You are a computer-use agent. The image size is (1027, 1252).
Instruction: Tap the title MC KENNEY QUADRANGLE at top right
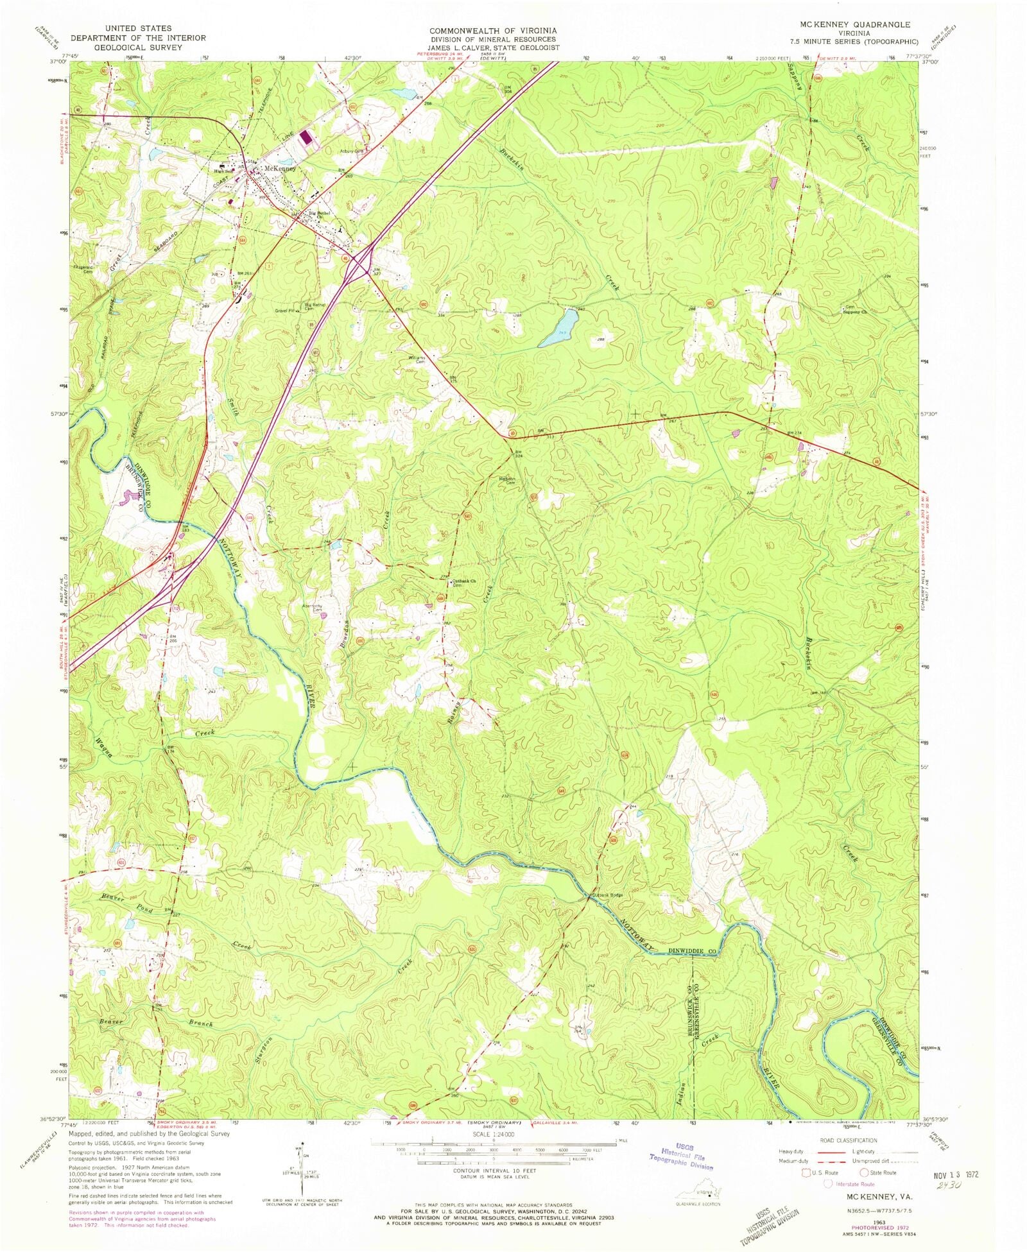click(854, 24)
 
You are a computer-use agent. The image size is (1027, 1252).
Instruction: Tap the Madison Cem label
click(507, 480)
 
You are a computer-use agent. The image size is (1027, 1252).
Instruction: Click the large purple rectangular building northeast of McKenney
click(306, 137)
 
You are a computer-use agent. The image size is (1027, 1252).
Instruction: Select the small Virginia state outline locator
click(696, 1192)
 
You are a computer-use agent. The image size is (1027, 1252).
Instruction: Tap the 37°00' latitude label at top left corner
click(58, 62)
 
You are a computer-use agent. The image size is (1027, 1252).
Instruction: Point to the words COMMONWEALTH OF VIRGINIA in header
click(493, 31)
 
